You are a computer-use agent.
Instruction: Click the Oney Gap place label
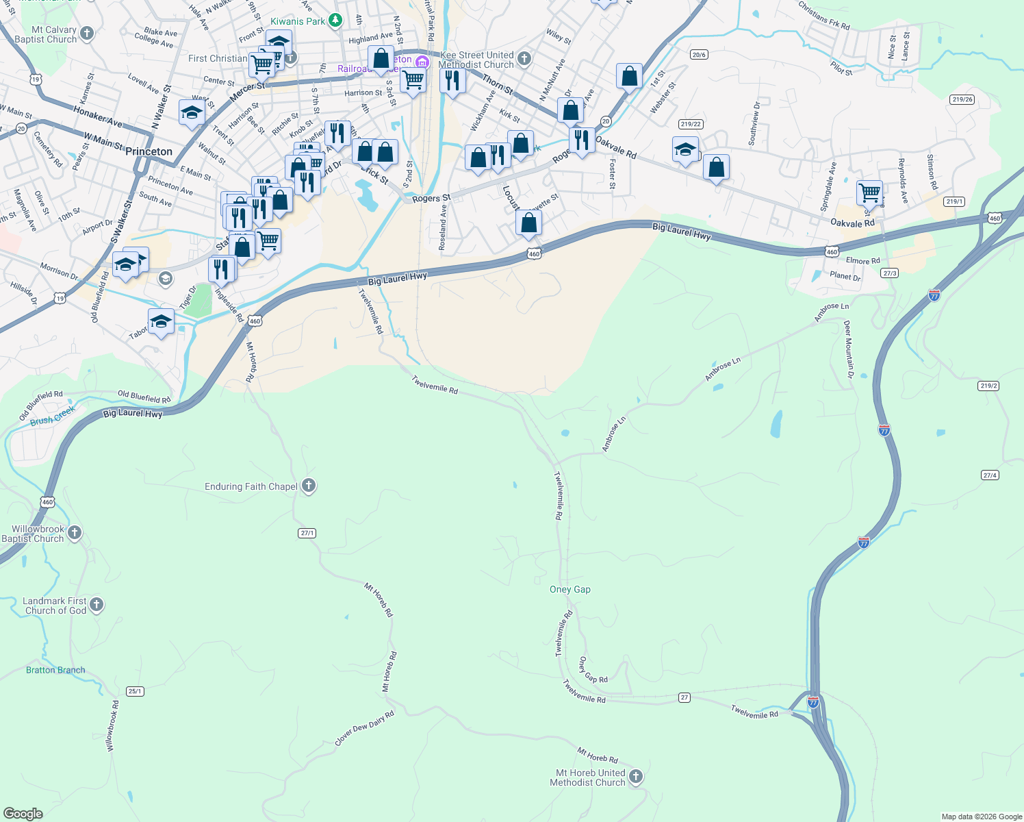(x=569, y=589)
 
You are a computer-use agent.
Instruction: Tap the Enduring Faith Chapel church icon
(x=309, y=486)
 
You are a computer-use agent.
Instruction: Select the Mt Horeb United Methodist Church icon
(x=636, y=777)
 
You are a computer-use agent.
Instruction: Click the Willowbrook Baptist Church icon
(x=75, y=533)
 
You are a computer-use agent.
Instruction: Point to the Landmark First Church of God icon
(x=97, y=605)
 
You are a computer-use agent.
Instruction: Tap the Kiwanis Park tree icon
(x=335, y=21)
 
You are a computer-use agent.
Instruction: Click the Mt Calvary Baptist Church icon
(x=87, y=33)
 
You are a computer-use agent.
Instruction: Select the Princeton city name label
(x=149, y=151)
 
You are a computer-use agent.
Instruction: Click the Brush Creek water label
(x=53, y=416)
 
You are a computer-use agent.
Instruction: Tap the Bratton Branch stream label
(x=55, y=670)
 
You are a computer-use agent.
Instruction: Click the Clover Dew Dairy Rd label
(x=364, y=729)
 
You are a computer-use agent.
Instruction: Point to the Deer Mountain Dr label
(x=849, y=349)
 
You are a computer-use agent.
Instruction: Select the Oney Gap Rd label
(x=593, y=670)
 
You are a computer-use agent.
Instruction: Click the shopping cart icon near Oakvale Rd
(x=869, y=193)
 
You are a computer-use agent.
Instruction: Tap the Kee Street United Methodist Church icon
(x=524, y=59)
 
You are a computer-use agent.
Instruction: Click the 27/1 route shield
(x=307, y=533)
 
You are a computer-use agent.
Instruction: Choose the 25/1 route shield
(x=135, y=691)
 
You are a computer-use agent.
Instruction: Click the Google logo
(x=23, y=813)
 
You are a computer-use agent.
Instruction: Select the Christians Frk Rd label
(x=824, y=15)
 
